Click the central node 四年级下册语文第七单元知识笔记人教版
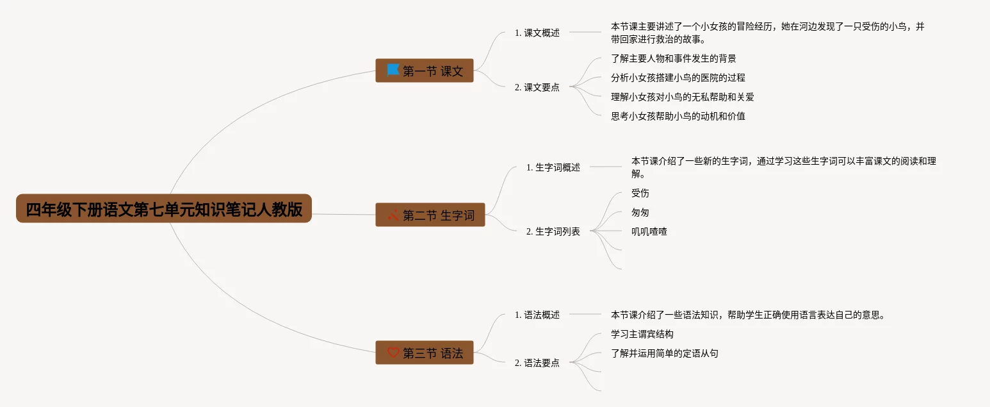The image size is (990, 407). (164, 209)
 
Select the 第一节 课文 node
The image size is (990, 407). (424, 71)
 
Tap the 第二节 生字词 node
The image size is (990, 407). (430, 215)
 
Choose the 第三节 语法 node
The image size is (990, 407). (424, 353)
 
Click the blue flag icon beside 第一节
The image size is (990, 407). (393, 70)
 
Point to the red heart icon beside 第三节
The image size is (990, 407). (393, 353)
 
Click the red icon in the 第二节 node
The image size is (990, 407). (393, 215)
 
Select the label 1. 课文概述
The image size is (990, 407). (537, 33)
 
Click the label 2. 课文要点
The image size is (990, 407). (537, 87)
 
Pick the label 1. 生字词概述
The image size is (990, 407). (553, 167)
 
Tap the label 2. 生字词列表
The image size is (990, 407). (553, 231)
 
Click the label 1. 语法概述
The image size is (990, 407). (537, 315)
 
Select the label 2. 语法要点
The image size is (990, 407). (537, 363)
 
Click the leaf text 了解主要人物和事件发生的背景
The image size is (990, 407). (674, 58)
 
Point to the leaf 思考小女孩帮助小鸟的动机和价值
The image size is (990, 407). (678, 116)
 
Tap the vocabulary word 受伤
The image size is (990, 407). (640, 193)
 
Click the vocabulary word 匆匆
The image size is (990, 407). (640, 212)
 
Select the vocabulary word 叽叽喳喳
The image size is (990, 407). (649, 231)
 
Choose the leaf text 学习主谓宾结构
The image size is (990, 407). (642, 334)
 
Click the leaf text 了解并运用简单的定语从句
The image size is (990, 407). (665, 353)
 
